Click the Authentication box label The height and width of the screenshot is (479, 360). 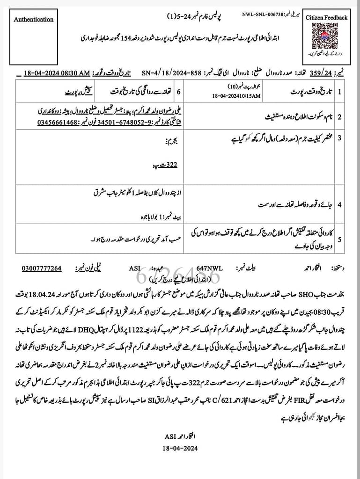point(33,20)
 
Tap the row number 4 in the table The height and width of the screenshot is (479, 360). point(339,205)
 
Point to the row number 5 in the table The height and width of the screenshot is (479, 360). point(339,239)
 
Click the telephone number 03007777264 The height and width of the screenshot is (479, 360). point(42,269)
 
